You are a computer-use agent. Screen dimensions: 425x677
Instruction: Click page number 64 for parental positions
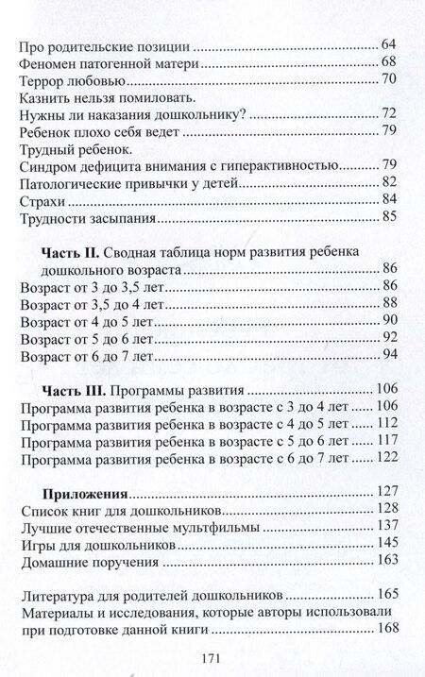tap(389, 46)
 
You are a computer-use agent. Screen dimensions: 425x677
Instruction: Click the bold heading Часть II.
tap(70, 254)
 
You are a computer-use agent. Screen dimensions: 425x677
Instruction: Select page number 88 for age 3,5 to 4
tap(389, 303)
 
